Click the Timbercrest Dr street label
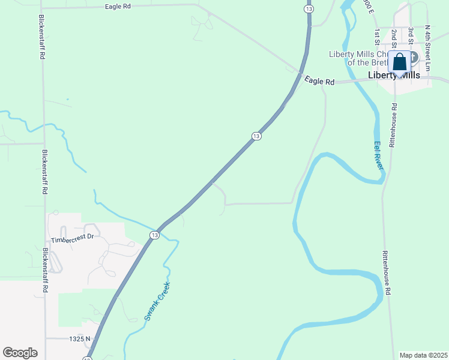[73, 236]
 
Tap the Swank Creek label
[158, 301]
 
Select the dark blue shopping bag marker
[400, 63]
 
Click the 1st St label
[377, 36]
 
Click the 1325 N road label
[80, 339]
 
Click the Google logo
[20, 353]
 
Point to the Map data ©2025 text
[424, 355]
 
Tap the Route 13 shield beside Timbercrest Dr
[155, 235]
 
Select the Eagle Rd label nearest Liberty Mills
[318, 80]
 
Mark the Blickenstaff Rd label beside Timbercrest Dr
[45, 270]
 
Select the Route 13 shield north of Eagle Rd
[309, 9]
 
